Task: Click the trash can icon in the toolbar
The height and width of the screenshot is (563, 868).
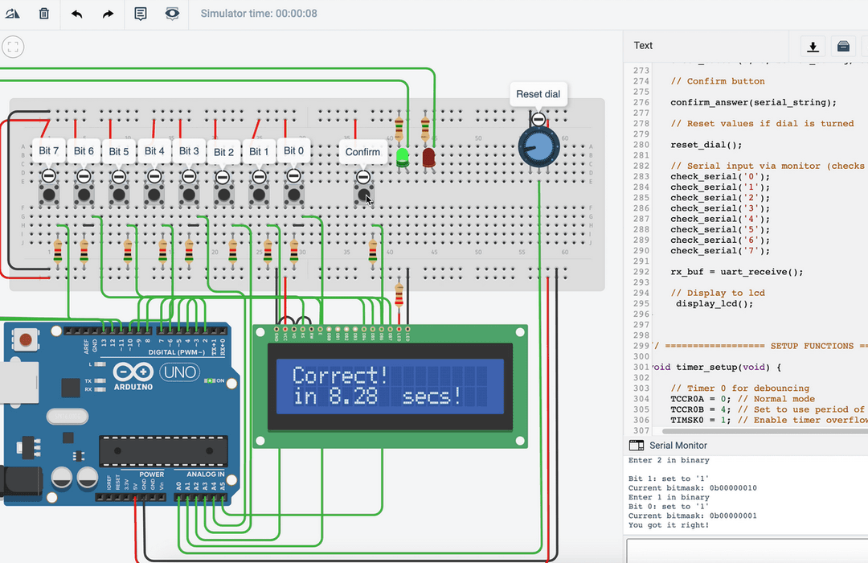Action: (44, 14)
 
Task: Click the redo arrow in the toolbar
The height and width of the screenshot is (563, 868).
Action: (108, 14)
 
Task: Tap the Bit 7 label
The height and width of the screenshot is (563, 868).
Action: (48, 150)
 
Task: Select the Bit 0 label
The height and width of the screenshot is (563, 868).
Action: (294, 150)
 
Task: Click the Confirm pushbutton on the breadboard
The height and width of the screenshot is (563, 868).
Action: (363, 194)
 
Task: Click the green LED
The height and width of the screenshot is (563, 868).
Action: (403, 158)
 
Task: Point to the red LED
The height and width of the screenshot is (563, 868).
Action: (428, 157)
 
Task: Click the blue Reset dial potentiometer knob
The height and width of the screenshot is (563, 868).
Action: (538, 146)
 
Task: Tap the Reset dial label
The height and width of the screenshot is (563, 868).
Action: (538, 94)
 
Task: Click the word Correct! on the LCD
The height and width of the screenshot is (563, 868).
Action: (340, 376)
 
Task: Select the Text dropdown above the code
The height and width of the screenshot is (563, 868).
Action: (643, 45)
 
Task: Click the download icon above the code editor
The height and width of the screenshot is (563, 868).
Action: (813, 46)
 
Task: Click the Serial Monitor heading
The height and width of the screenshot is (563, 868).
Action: (678, 445)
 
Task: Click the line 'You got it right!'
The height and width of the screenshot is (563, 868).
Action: (669, 525)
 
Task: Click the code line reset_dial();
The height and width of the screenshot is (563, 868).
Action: (706, 145)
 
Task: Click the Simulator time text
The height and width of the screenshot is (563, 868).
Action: (258, 14)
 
